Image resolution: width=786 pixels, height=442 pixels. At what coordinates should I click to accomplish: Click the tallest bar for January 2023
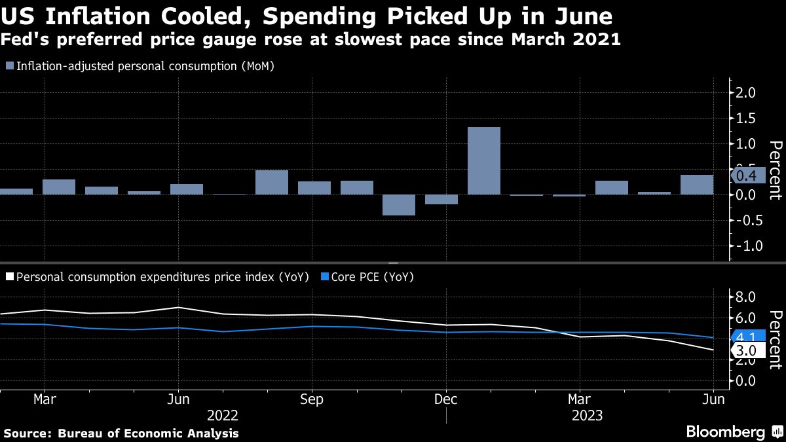pos(484,160)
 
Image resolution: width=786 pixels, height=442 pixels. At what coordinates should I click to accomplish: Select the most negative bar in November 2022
pos(399,205)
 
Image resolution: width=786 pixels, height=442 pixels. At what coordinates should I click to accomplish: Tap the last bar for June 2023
pos(697,185)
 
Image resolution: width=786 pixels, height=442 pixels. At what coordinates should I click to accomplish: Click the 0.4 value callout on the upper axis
pos(747,176)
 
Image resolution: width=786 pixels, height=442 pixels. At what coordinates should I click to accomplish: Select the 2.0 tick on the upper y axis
pos(747,93)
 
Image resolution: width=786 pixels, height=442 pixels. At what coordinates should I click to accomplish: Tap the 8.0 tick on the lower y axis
pos(747,297)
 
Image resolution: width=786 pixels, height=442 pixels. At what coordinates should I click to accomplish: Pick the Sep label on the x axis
pos(311,399)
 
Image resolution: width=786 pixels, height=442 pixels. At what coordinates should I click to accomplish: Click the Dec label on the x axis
pos(445,399)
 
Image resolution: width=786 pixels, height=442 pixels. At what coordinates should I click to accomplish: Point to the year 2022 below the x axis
pos(222,415)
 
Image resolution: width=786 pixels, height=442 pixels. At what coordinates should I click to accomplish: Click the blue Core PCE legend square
pos(326,277)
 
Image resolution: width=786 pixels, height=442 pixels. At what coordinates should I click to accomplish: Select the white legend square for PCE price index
pos(9,277)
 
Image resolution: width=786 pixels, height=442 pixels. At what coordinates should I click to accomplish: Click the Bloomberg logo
pos(725,432)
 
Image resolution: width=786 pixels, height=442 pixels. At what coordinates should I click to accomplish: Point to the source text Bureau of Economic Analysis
pos(148,433)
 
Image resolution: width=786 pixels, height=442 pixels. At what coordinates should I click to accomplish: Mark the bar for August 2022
pos(271,182)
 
